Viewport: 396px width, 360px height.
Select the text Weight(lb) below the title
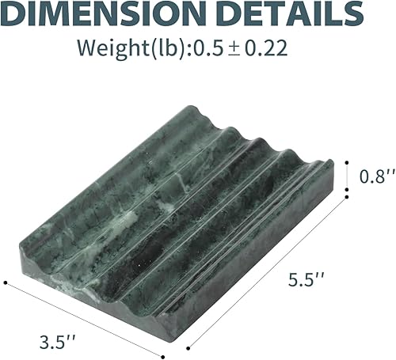pyautogui.click(x=123, y=47)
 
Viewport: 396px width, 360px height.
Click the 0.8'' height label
pyautogui.click(x=371, y=176)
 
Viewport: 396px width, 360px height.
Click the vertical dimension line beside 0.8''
pyautogui.click(x=347, y=176)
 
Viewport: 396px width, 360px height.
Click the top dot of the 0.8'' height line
pyautogui.click(x=347, y=161)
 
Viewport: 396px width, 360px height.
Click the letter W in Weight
pyautogui.click(x=87, y=47)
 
